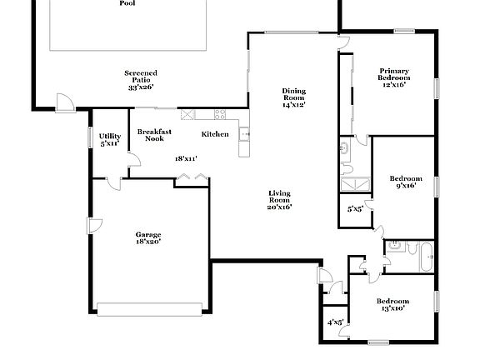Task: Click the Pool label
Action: [127, 3]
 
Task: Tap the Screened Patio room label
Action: [141, 80]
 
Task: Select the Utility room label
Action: [110, 139]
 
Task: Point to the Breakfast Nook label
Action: [154, 135]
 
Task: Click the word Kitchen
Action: [215, 134]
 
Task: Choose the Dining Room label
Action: [293, 97]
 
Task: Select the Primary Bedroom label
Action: [395, 77]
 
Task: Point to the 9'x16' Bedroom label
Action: [406, 182]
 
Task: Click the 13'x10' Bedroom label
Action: [392, 304]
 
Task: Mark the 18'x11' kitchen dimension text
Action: [185, 158]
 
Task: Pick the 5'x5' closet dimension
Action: [355, 208]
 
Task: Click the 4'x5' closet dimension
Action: [335, 322]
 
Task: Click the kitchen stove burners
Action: [220, 114]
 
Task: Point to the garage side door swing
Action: [95, 227]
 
